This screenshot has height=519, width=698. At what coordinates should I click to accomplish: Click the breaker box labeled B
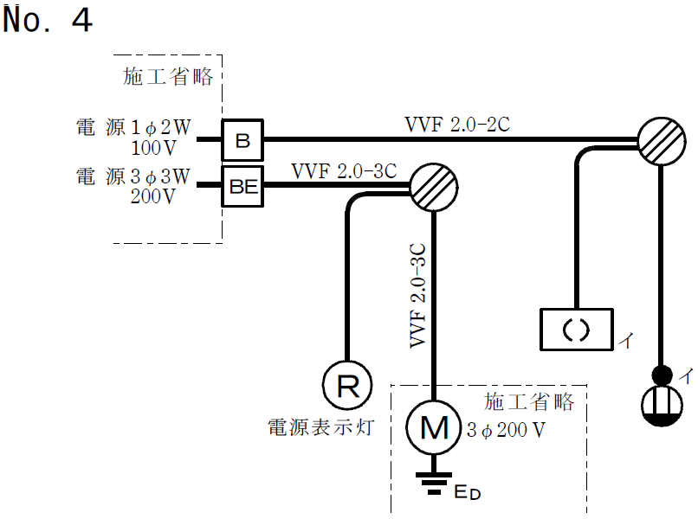[242, 140]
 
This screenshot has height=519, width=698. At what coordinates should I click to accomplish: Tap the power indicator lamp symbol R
[347, 385]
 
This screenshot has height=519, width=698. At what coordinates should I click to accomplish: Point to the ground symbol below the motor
[433, 483]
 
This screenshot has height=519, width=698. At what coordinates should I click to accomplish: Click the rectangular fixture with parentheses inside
[575, 330]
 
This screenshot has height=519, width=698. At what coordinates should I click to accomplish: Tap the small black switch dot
[662, 375]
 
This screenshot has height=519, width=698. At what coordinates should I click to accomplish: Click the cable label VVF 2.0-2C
[457, 124]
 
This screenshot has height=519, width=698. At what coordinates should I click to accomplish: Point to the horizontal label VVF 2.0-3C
[344, 169]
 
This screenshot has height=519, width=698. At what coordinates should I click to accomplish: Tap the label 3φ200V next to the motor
[507, 430]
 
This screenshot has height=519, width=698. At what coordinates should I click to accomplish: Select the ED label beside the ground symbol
[468, 494]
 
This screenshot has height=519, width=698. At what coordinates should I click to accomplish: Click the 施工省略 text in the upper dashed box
[169, 77]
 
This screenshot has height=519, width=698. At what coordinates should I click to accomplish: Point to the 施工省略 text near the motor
[529, 402]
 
